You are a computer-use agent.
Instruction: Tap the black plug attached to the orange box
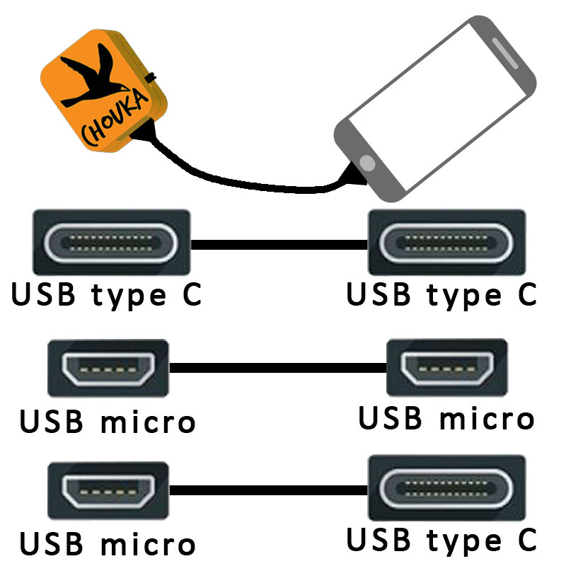(x=145, y=132)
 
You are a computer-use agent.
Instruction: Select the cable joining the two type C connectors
(x=279, y=245)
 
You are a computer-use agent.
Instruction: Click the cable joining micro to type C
(x=269, y=490)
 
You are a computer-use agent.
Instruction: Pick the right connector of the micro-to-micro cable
(x=446, y=367)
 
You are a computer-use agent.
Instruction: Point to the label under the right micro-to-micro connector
(x=446, y=418)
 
